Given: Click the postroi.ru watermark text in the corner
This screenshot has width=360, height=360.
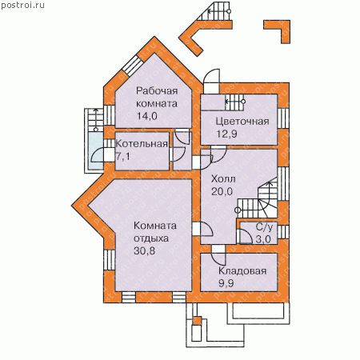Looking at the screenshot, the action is coord(22,6).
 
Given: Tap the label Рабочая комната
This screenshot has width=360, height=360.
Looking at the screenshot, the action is coord(157,97).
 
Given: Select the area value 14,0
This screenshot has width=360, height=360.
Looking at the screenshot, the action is coord(147,116).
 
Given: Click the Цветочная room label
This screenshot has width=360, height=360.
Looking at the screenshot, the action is coord(242,122).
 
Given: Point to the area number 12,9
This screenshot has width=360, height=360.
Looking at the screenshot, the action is coord(226,134).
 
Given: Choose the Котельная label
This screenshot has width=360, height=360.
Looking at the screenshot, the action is coord(142,144).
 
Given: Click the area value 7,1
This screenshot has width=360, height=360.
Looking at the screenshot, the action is coord(123,157).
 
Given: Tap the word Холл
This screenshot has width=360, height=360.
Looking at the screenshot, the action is coord(223,178).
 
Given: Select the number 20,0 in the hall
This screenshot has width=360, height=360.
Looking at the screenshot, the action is coord(222,191).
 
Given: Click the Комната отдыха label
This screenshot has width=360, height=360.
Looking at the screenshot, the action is coord(155,232).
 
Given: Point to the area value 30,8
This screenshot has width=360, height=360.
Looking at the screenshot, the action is coord(144,250).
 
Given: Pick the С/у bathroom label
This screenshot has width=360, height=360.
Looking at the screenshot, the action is coord(265,227).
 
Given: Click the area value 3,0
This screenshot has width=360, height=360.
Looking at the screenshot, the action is coord(263,239).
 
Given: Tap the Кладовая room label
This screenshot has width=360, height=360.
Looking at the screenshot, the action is coord(242,271).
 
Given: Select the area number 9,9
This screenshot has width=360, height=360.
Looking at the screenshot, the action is coord(226,283).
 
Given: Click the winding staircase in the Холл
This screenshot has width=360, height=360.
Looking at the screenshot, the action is coord(258,198).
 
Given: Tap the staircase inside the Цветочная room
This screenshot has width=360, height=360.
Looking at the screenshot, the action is coord(234,102).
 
